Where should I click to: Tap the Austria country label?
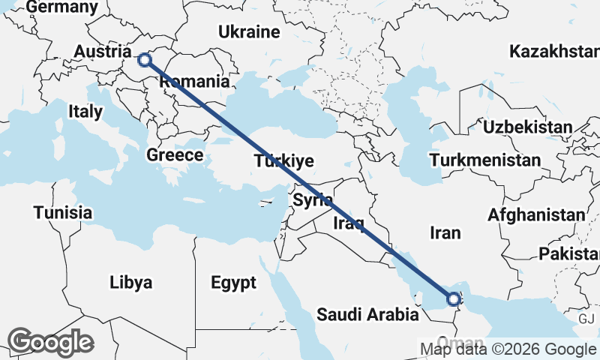click(x=104, y=52)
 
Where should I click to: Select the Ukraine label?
click(x=249, y=31)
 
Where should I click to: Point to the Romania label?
click(x=193, y=81)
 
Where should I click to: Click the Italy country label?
click(x=85, y=112)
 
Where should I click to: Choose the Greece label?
click(x=175, y=155)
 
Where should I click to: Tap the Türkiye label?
click(x=283, y=161)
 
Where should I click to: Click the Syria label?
click(x=312, y=200)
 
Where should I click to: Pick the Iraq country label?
click(x=349, y=223)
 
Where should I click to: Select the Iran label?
click(x=445, y=233)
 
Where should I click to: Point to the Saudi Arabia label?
click(x=367, y=314)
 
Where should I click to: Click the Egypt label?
click(x=233, y=283)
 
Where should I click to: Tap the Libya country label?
click(x=130, y=283)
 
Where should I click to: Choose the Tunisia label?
click(x=63, y=213)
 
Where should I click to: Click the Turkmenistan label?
click(x=484, y=160)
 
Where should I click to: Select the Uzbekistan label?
click(x=527, y=127)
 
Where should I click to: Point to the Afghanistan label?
click(x=535, y=215)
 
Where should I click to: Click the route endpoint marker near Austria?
click(x=145, y=58)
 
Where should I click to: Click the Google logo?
click(x=50, y=342)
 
